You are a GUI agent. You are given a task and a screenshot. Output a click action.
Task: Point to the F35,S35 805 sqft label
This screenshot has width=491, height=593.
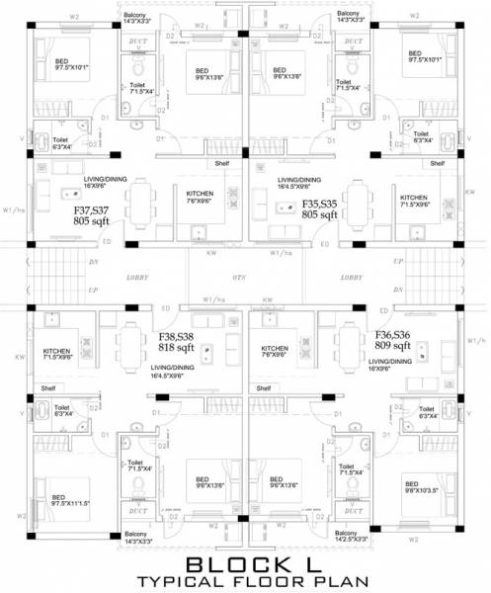point(322,209)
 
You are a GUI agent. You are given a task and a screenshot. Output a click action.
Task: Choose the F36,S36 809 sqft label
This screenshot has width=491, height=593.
point(392,341)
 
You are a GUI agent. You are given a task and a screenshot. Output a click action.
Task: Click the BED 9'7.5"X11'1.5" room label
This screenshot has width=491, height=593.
point(72,500)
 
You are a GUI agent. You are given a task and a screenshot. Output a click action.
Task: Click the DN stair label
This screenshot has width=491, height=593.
point(94,262)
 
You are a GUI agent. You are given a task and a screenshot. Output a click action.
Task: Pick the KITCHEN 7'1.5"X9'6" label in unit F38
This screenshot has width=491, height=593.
point(59,355)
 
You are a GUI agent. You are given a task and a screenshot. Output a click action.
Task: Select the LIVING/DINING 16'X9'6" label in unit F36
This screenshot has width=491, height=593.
point(391,367)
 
